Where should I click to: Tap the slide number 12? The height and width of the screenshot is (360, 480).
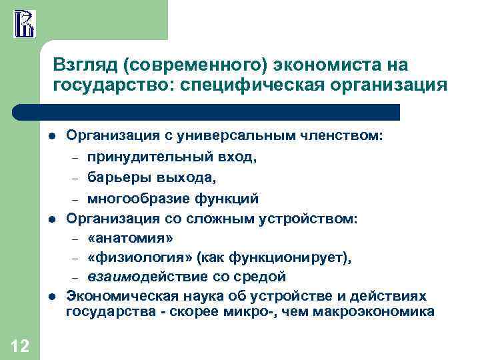pos(20,345)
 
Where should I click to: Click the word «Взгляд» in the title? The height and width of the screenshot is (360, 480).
pos(80,65)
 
